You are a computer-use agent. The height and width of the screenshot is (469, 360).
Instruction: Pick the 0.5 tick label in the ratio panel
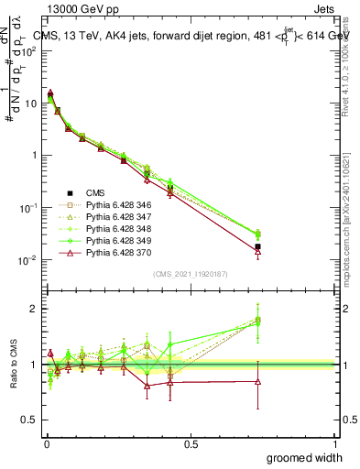click(29, 422)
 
